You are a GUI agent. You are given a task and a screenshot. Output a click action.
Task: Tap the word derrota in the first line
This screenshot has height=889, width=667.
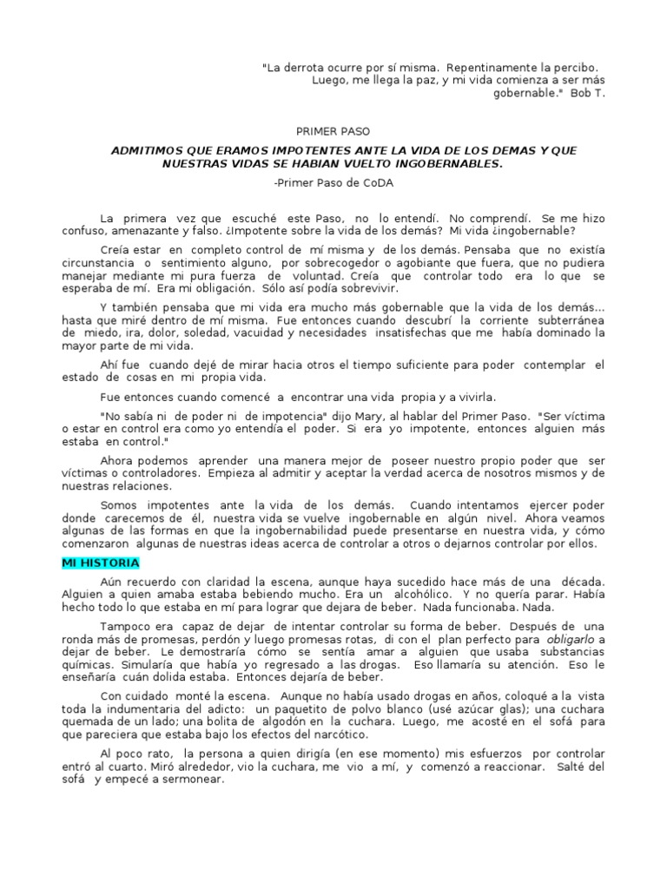pyautogui.click(x=309, y=67)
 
